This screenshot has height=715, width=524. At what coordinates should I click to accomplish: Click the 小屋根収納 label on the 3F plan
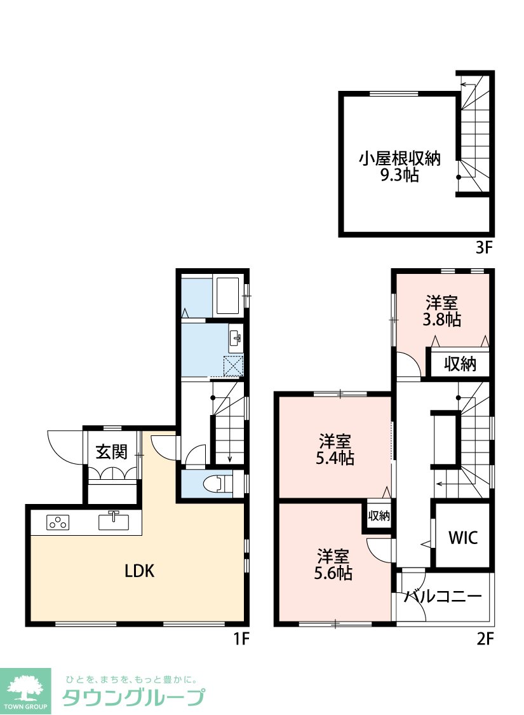[x=400, y=159]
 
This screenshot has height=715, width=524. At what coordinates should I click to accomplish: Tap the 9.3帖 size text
[x=400, y=175]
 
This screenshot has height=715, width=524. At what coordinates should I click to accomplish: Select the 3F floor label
[x=485, y=248]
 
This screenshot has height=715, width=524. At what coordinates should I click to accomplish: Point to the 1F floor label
[x=241, y=639]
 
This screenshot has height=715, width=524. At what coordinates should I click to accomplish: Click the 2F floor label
[x=485, y=639]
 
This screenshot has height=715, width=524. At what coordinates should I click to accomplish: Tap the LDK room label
[x=140, y=571]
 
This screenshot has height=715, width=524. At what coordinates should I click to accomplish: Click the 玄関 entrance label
[x=111, y=452]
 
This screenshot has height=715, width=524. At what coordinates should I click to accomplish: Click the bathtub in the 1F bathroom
[x=227, y=296]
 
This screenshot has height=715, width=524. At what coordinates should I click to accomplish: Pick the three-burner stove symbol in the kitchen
[x=58, y=522]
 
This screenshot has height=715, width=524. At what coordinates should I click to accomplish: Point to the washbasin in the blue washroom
[x=236, y=338]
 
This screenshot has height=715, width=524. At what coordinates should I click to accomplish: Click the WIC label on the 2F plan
[x=463, y=538]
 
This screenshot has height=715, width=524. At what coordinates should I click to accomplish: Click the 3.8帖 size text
[x=441, y=319]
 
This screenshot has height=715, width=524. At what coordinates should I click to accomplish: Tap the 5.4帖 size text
[x=335, y=458]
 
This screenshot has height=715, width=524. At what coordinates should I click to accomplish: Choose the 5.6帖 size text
[x=333, y=573]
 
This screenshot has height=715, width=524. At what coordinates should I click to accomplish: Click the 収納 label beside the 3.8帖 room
[x=460, y=364]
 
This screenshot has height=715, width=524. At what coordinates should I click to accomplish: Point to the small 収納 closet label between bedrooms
[x=379, y=515]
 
